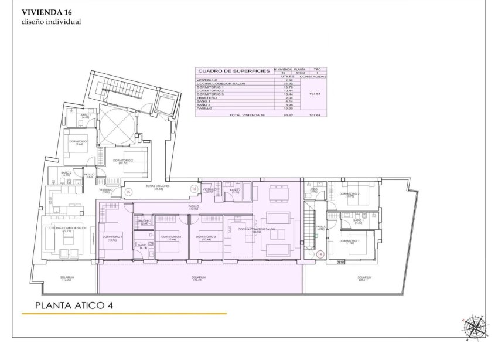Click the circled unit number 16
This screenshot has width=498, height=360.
point(193,189)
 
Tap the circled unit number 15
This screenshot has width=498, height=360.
point(128,192)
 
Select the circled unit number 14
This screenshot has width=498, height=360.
point(320,254)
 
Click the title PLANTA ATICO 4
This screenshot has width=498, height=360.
point(74,305)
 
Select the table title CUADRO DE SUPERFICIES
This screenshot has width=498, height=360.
point(234,71)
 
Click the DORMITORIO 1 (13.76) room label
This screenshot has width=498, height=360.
point(112,238)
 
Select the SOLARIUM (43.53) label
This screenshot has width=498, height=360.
point(198,279)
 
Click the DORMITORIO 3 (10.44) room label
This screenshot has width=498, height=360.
point(206,238)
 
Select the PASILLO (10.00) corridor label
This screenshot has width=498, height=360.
point(193,208)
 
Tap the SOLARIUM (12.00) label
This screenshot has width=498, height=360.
point(66,279)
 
